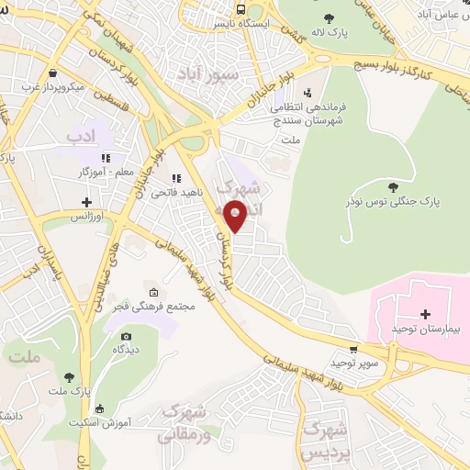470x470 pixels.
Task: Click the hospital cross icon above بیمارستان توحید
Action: tap(425, 315)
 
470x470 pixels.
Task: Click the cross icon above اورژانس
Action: tap(86, 202)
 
